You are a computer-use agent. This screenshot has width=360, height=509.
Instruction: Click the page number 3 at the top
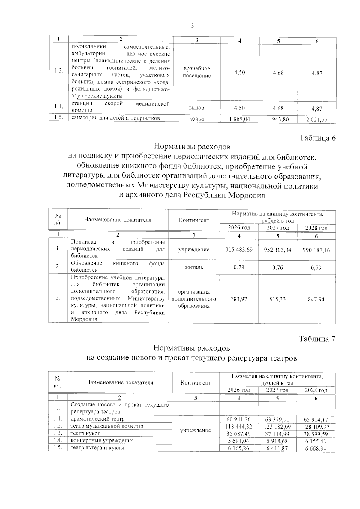point(192,26)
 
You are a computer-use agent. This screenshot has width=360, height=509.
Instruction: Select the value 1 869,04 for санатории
point(239,119)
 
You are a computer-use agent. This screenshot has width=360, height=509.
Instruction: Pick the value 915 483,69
point(239,250)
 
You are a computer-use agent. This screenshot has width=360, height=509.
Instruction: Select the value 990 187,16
point(316,250)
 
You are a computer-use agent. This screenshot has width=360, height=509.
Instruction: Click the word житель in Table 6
point(194,267)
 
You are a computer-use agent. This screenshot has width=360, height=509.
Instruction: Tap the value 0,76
point(277,268)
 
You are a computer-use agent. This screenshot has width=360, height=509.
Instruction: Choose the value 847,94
point(316,299)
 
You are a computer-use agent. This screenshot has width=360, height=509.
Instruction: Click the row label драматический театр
point(97,419)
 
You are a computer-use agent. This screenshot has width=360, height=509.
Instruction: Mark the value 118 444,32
point(239,427)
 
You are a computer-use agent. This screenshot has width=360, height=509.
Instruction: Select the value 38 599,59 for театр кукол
point(316,434)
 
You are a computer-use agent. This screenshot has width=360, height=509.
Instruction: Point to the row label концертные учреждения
point(102,441)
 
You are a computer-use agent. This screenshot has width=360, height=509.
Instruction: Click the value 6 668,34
point(316,448)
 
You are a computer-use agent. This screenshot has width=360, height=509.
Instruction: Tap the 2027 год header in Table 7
point(277,390)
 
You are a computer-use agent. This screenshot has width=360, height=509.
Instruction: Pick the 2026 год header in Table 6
point(239,228)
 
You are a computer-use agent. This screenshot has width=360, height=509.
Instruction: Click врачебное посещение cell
point(197,72)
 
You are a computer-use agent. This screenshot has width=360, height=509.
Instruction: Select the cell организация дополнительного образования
point(194,299)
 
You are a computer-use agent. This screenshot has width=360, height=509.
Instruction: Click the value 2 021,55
point(317,120)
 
